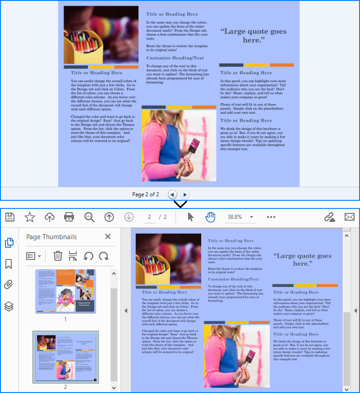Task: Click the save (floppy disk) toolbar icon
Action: pos(9,217)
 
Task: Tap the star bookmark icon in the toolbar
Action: pos(29,217)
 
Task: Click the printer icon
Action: pos(69,217)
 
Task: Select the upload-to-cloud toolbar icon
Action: pos(49,217)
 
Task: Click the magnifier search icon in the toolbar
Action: pos(89,217)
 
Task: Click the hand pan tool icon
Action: pos(210,217)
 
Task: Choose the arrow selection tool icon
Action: pos(190,217)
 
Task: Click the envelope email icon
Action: pos(350,217)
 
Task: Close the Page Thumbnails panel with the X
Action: pos(108,236)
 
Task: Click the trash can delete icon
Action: pos(58,256)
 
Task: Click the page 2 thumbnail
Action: pos(65,357)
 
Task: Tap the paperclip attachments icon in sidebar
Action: pos(9,285)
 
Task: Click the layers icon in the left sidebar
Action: pos(9,306)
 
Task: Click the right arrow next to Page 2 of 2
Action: pos(185,194)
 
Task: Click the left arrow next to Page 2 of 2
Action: pos(172,194)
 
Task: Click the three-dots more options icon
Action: pos(271,217)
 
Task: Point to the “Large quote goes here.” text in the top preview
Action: pos(254,36)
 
